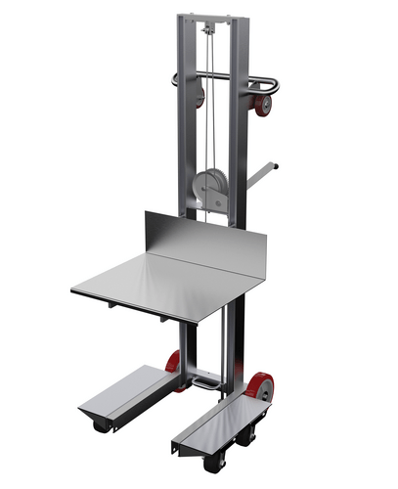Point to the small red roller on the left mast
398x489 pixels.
coord(199,96)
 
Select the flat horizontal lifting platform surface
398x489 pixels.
coord(166,284)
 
